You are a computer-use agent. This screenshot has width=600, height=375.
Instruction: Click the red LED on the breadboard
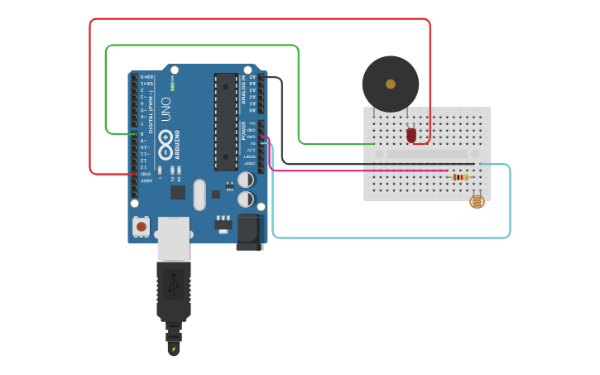pyautogui.click(x=411, y=135)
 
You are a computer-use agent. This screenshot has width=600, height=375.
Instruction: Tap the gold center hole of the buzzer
pyautogui.click(x=390, y=84)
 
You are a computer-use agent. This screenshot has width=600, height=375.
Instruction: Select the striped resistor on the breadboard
pyautogui.click(x=460, y=176)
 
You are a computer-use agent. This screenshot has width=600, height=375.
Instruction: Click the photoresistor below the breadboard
pyautogui.click(x=477, y=201)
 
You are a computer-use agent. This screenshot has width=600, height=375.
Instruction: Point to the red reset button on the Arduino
pyautogui.click(x=142, y=226)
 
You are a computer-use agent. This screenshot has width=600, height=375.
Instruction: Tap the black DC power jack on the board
pyautogui.click(x=249, y=231)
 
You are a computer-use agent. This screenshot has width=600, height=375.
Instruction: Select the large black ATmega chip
pyautogui.click(x=225, y=121)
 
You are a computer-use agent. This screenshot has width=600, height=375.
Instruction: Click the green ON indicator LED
pyautogui.click(x=172, y=85)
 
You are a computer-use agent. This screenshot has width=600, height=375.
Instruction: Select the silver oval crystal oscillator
pyautogui.click(x=199, y=195)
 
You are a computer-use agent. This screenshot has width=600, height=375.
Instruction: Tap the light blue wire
pyautogui.click(x=389, y=238)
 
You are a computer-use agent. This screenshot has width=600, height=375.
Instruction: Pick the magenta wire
pyautogui.click(x=356, y=171)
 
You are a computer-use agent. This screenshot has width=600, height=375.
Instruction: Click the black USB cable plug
pyautogui.click(x=174, y=290)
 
